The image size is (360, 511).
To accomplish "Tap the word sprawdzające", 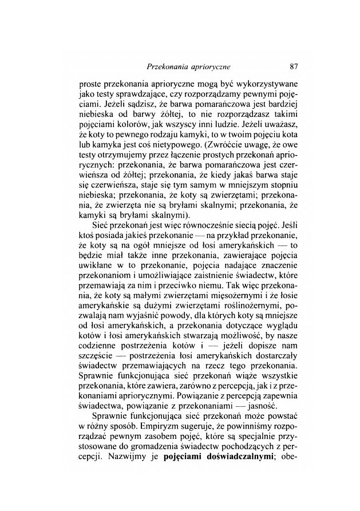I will pyautogui.click(x=143, y=93).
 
